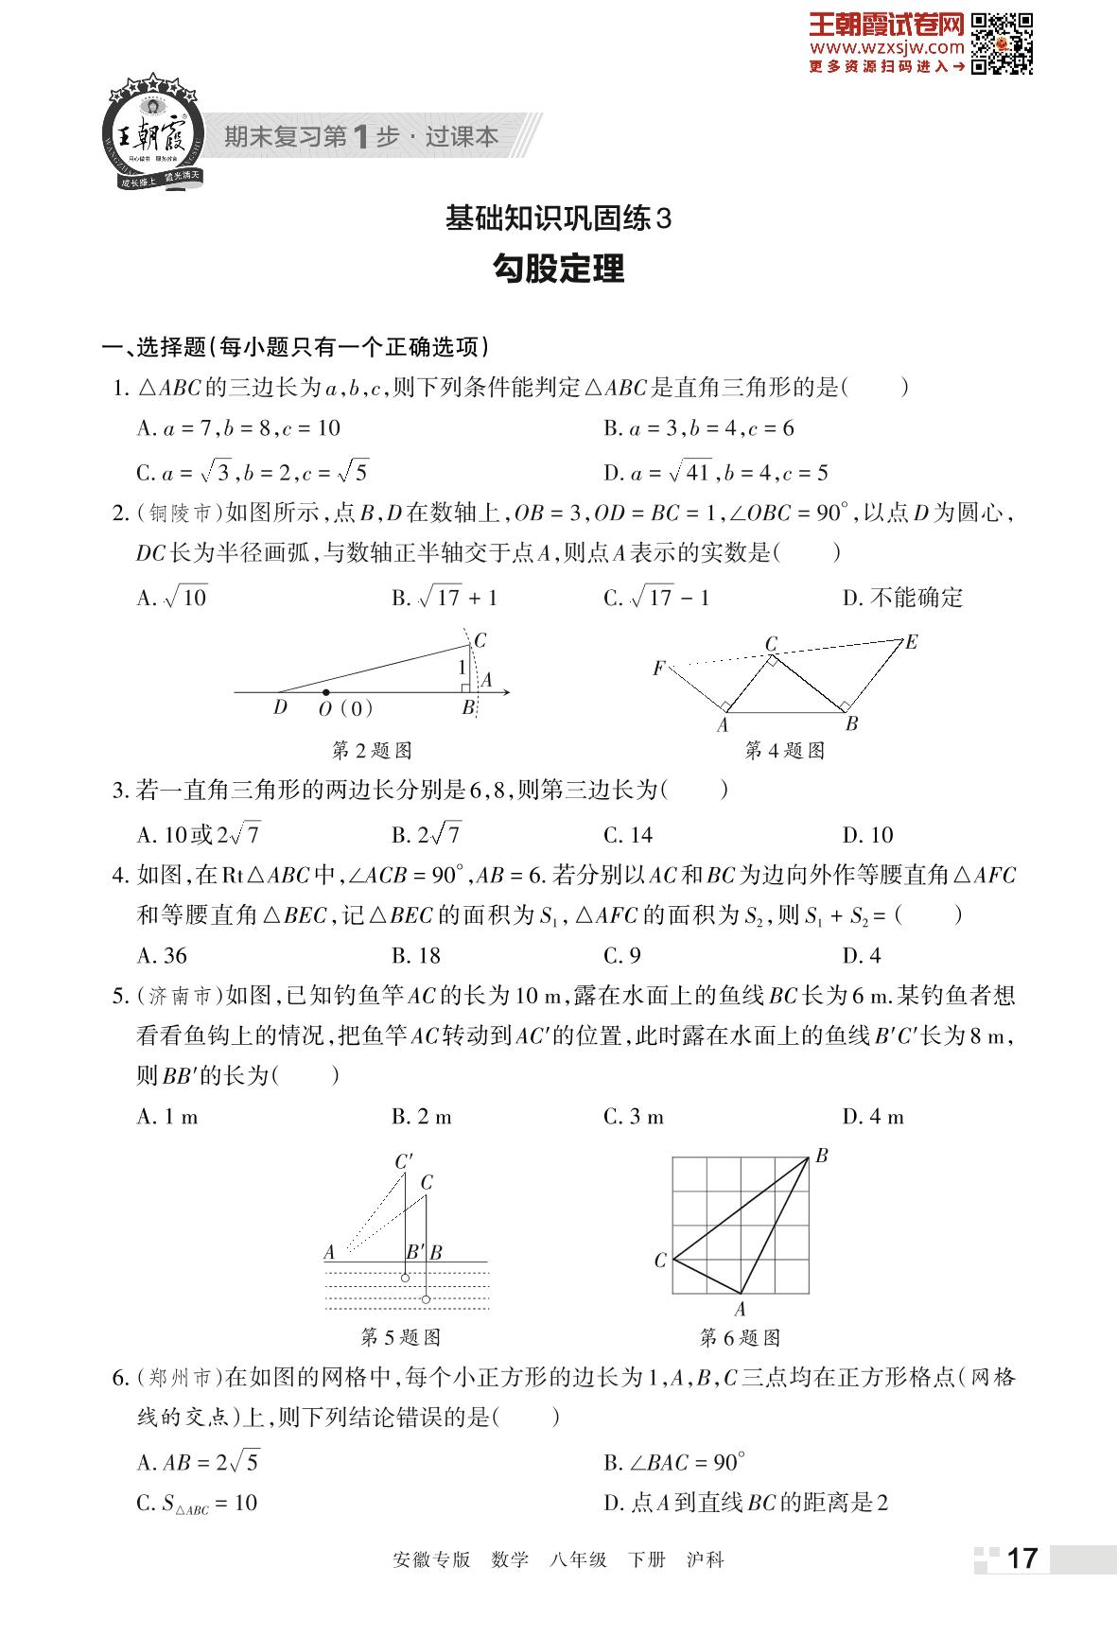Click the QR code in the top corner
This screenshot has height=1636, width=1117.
click(x=1003, y=43)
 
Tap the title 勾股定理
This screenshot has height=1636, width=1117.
click(x=558, y=270)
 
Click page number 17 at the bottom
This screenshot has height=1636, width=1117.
click(x=1022, y=1558)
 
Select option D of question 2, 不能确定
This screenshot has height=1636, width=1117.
click(x=902, y=598)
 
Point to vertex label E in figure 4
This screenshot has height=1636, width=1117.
click(x=911, y=642)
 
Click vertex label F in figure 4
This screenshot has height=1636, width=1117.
click(x=658, y=669)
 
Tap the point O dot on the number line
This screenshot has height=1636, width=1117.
click(x=326, y=693)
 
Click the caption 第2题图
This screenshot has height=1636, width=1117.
click(x=373, y=751)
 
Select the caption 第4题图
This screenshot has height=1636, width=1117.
click(x=785, y=751)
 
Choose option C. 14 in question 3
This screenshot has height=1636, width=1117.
click(x=628, y=835)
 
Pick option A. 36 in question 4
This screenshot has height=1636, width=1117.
click(x=162, y=956)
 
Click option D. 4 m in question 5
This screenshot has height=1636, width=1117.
click(x=873, y=1117)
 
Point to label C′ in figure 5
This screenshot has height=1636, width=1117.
click(x=404, y=1162)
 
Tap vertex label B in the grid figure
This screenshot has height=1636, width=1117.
click(x=821, y=1156)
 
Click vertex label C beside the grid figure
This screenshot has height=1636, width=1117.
click(x=660, y=1260)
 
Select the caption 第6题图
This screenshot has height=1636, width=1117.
click(x=740, y=1338)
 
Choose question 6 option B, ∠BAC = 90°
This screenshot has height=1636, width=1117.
click(x=674, y=1462)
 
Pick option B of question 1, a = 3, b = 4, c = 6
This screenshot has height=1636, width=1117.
click(x=699, y=428)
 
